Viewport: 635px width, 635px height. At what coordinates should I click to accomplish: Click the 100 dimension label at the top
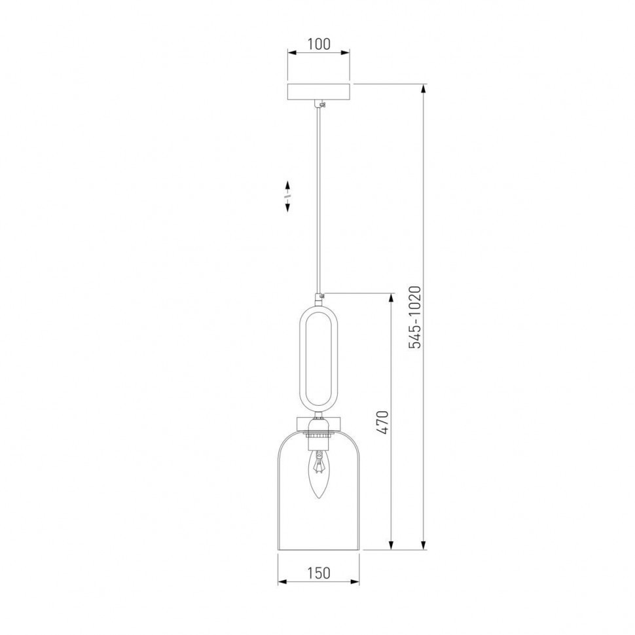click(319, 44)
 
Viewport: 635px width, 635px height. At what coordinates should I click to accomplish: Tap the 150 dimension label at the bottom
click(318, 573)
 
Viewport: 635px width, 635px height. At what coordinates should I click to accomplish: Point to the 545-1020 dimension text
click(415, 317)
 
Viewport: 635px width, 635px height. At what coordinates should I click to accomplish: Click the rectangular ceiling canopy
click(318, 92)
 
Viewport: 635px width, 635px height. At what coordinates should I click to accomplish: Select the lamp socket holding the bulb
click(318, 435)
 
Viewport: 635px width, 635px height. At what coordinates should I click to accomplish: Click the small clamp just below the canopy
click(321, 105)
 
